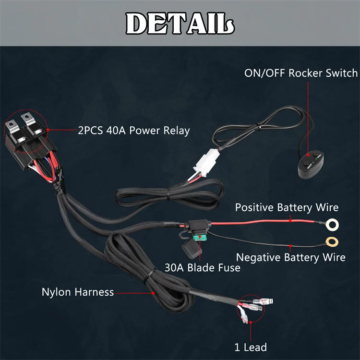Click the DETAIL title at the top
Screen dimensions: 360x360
pos(180,22)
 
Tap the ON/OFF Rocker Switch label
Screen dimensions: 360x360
pos(301,73)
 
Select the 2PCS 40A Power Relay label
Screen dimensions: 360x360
pos(133,130)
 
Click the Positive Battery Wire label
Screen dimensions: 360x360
pos(287,207)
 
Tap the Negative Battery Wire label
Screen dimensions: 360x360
pos(290,257)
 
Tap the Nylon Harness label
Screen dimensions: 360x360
pos(78,292)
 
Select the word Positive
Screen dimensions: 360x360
pos(254,207)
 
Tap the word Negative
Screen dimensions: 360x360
pos(258,257)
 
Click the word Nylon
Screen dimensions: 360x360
pos(56,292)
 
